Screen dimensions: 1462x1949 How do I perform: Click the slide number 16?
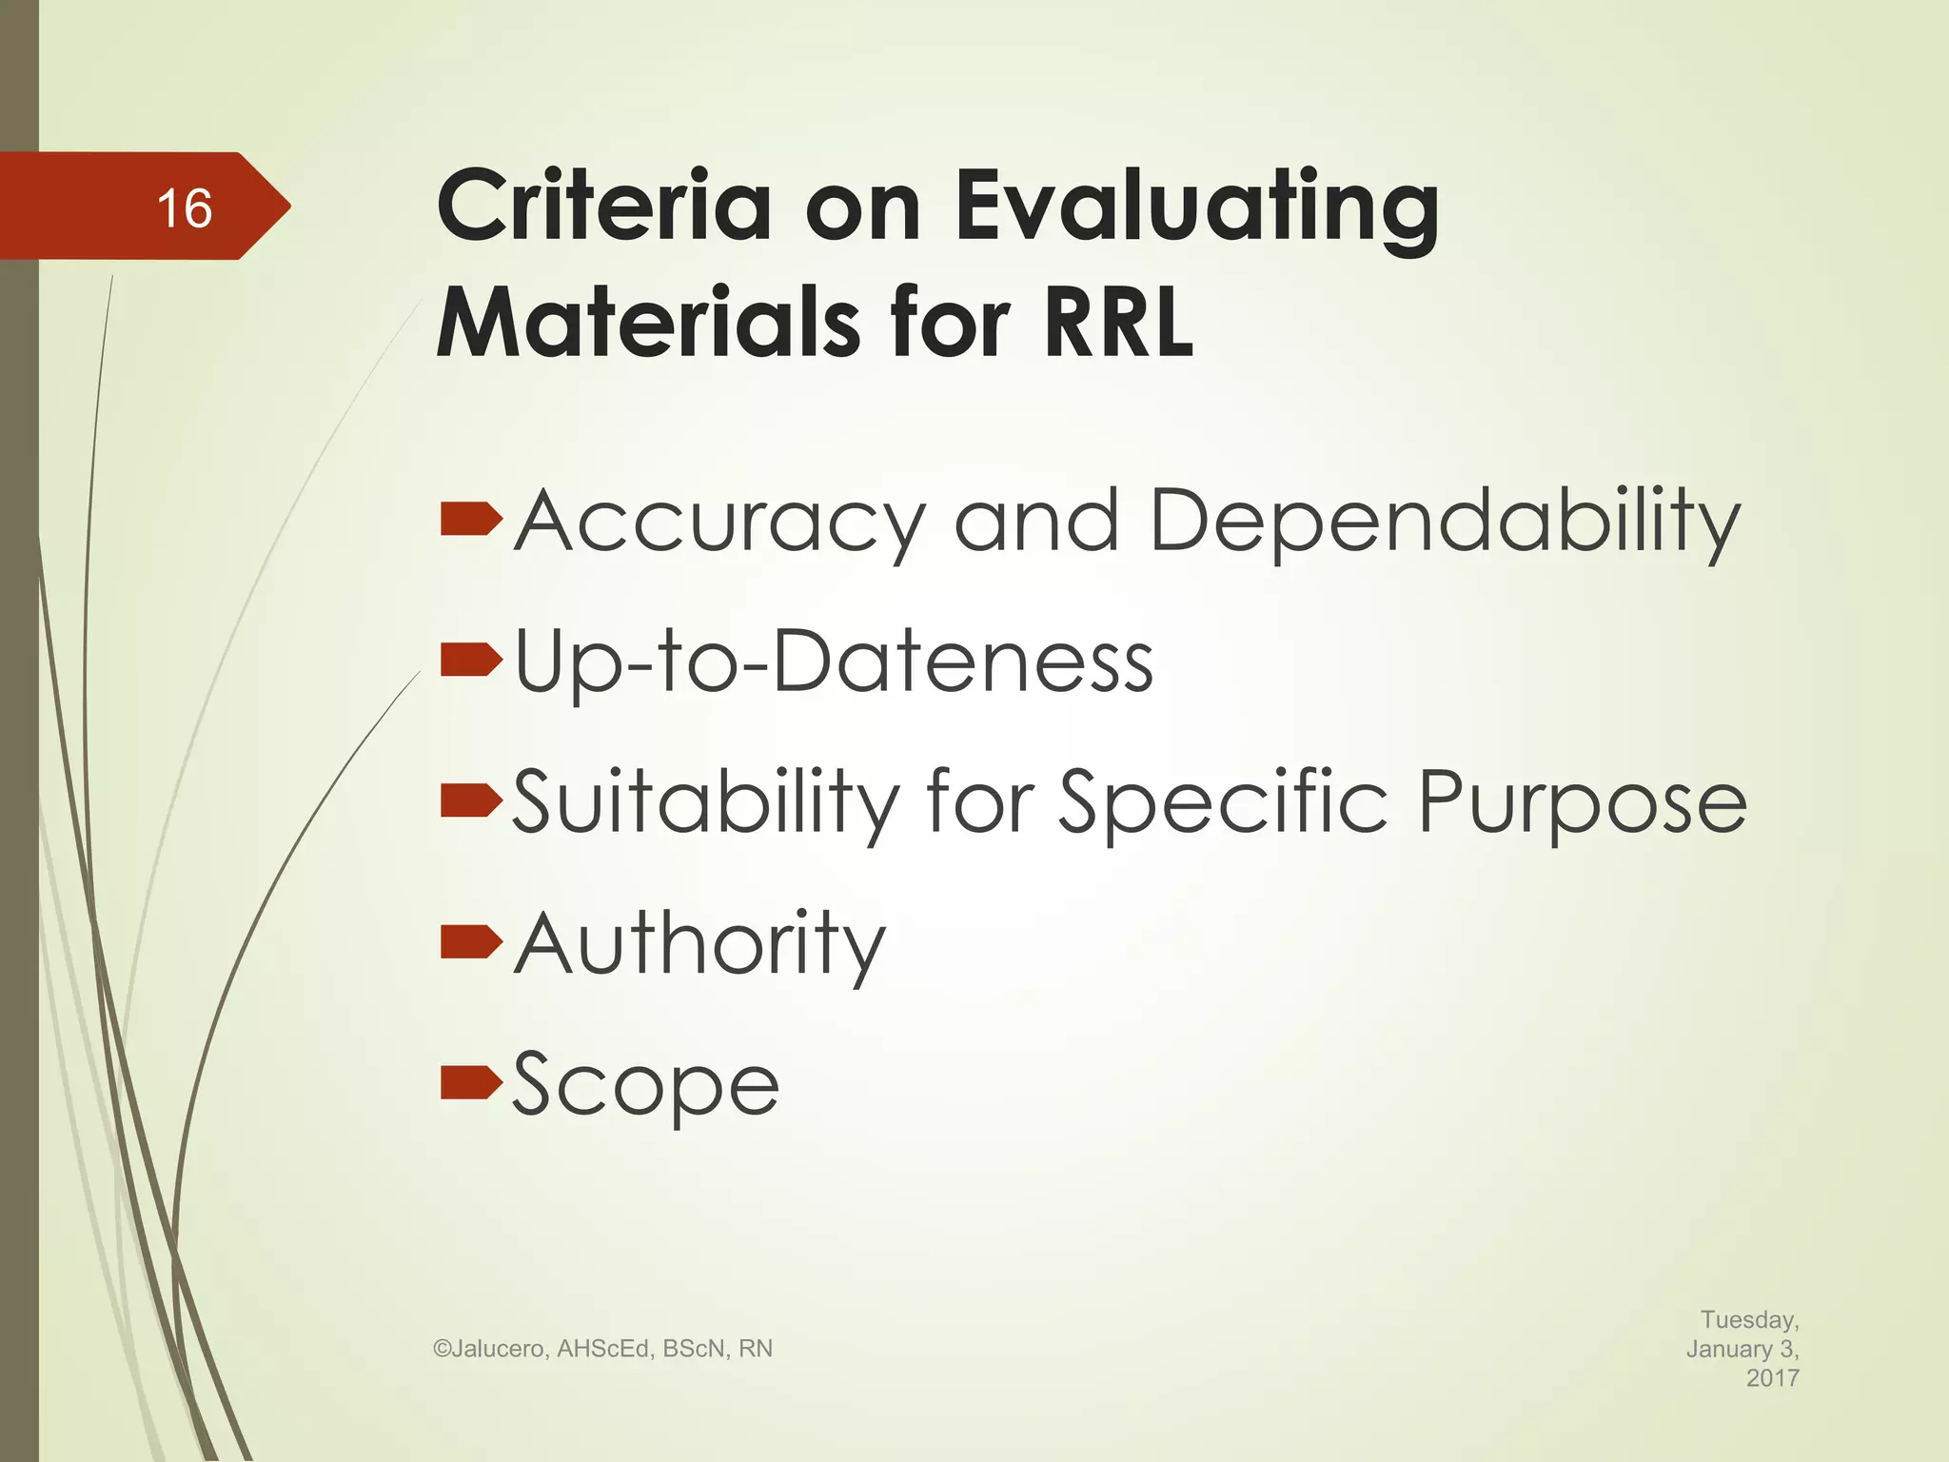tap(185, 207)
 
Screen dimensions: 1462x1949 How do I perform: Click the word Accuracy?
tap(719, 521)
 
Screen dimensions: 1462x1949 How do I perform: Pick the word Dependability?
tap(1446, 521)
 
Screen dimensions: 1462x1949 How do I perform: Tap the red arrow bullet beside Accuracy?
tap(471, 519)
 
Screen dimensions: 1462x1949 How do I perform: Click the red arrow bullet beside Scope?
tap(471, 1082)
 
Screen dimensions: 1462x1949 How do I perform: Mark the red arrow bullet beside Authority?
tap(471, 941)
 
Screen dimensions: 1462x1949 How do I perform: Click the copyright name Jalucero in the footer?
tap(498, 1349)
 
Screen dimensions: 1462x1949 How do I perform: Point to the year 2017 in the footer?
tap(1772, 1377)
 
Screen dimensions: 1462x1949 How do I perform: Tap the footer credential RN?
tap(756, 1349)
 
